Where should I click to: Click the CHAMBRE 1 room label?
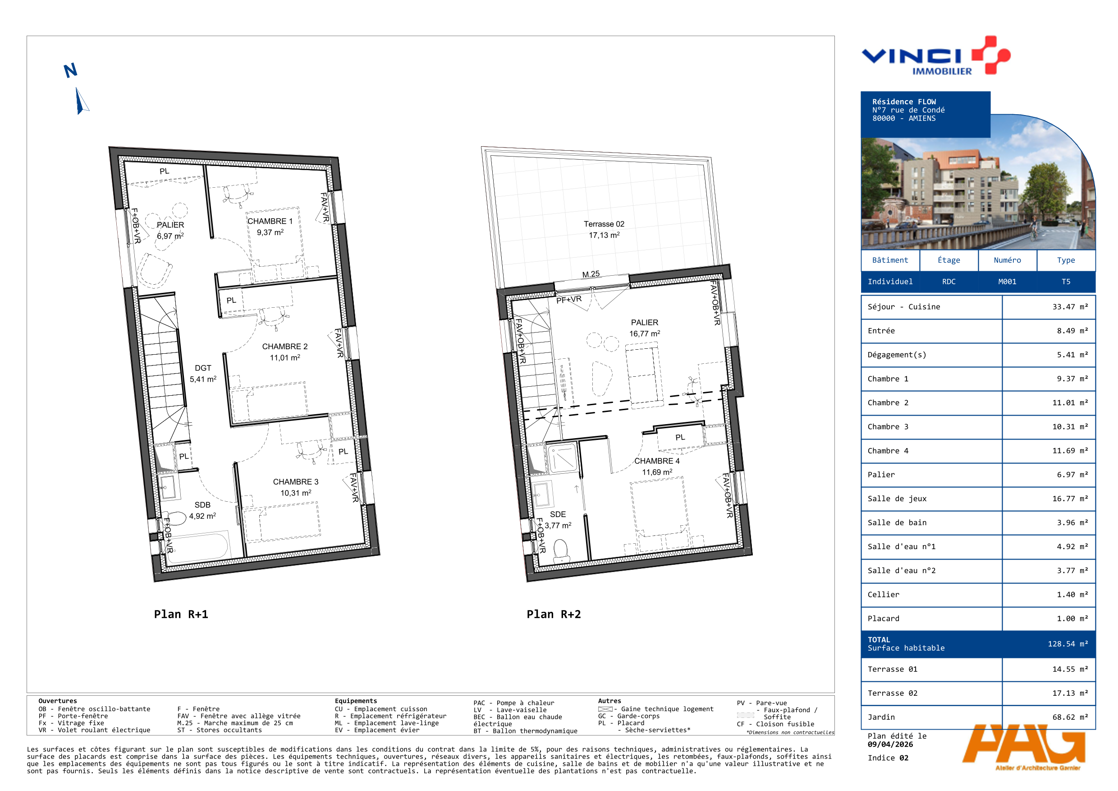[x=270, y=221]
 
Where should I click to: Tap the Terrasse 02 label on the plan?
[x=604, y=224]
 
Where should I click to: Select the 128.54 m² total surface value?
[x=1068, y=644]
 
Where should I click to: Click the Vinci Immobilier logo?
[x=936, y=56]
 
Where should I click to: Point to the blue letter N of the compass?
[x=71, y=71]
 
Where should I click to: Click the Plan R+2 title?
[x=554, y=614]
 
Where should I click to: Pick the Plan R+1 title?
[x=181, y=614]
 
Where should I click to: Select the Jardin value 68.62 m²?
[x=1070, y=717]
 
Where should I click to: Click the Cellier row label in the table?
[x=883, y=595]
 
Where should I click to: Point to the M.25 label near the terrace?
[x=591, y=274]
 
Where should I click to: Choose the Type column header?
[x=1065, y=260]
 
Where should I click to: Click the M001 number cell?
[x=1007, y=282]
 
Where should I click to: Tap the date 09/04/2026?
[x=890, y=744]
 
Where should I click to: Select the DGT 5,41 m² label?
[x=203, y=373]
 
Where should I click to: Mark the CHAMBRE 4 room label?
[x=656, y=461]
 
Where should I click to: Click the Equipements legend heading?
[x=356, y=701]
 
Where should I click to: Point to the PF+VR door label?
[x=569, y=299]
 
